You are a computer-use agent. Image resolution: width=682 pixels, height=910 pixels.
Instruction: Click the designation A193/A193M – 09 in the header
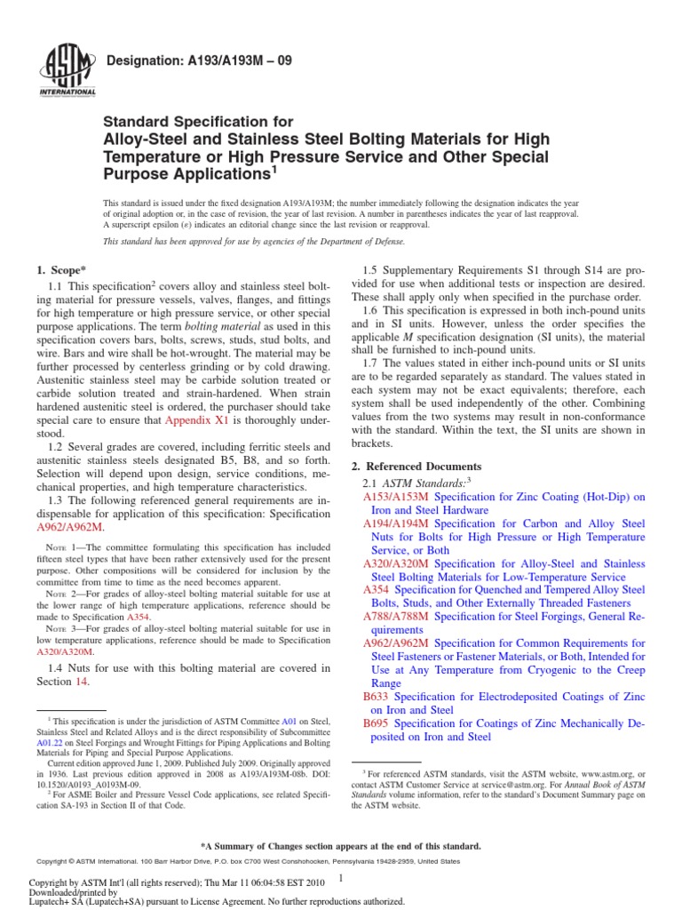click(x=199, y=62)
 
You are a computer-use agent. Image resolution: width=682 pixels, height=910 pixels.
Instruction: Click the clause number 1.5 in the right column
click(x=374, y=270)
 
